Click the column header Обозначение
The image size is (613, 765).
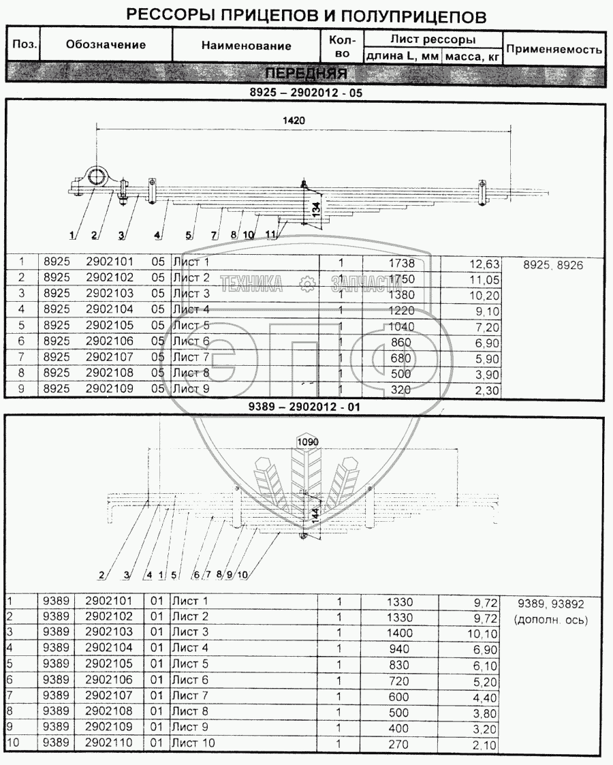[106, 46]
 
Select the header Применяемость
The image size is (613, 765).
[555, 49]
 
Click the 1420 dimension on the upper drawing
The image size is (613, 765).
[295, 119]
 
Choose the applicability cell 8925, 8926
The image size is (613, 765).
[554, 266]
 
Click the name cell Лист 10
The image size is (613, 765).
[193, 743]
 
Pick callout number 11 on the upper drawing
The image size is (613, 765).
[272, 235]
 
